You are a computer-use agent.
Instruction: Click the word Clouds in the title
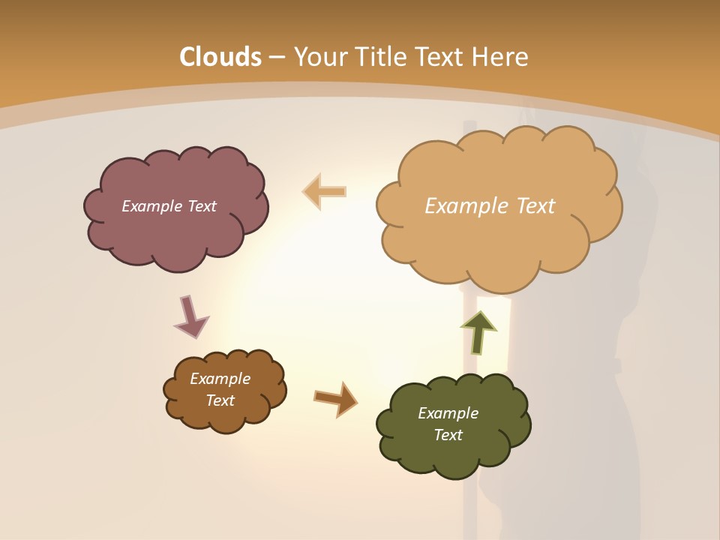click(x=220, y=57)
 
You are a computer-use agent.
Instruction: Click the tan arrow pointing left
click(x=325, y=191)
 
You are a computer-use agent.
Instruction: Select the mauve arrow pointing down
click(x=190, y=316)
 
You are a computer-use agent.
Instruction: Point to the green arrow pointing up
click(x=478, y=332)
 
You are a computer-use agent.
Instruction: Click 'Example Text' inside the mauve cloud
click(x=169, y=206)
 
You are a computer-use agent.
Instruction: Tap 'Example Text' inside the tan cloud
click(x=490, y=206)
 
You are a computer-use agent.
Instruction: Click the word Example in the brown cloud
click(x=220, y=379)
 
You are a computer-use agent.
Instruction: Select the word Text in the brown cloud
click(x=220, y=400)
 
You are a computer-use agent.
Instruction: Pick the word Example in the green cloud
click(x=448, y=413)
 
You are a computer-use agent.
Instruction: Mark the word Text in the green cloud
click(x=448, y=435)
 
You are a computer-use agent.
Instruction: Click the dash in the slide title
click(x=277, y=57)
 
